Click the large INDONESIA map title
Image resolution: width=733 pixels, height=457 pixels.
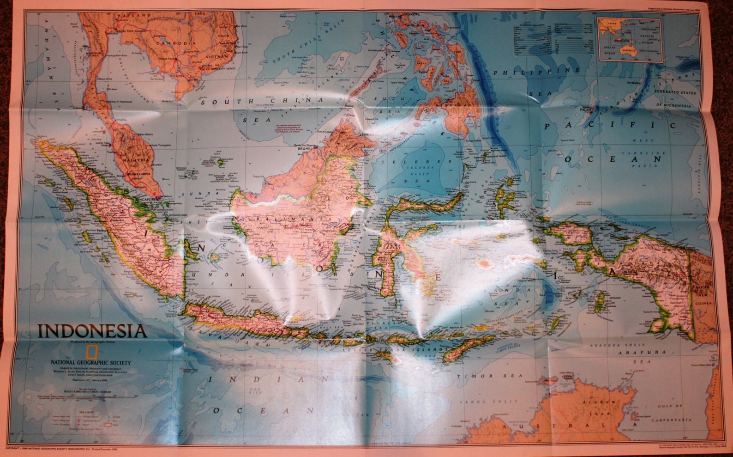pos(92,331)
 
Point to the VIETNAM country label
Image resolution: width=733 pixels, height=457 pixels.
pos(218,56)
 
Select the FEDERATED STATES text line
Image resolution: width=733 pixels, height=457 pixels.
pos(675,92)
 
